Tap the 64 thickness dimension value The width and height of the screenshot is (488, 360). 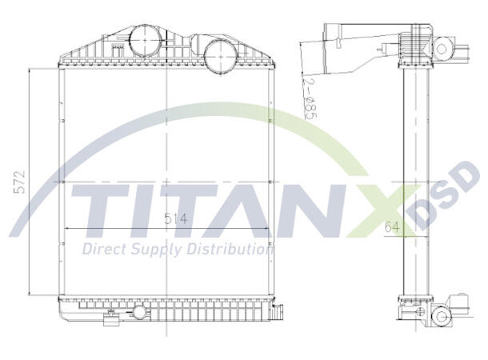coord(391,228)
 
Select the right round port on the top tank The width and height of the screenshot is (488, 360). coord(218,54)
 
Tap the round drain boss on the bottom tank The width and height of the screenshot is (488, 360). coord(141,312)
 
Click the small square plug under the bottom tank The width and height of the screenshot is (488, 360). coord(109,322)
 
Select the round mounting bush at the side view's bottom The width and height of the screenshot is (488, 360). coord(439,317)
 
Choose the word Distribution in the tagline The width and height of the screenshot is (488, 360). coord(229,250)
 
